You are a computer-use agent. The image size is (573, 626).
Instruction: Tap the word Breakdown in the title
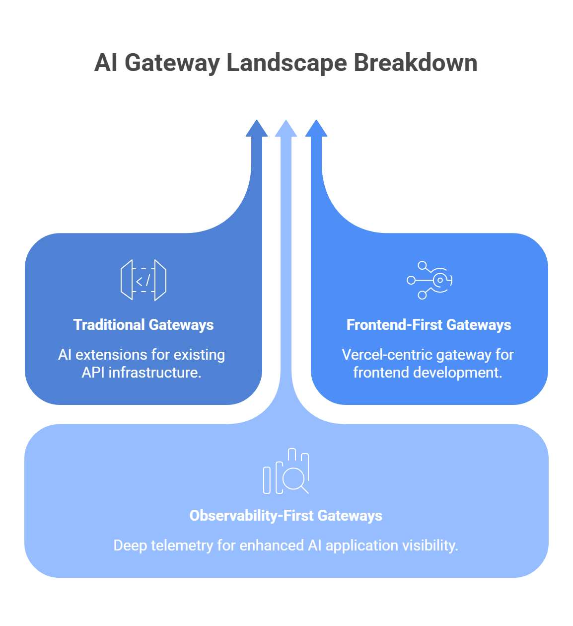click(415, 64)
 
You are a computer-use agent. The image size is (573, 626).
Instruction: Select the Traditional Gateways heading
click(143, 325)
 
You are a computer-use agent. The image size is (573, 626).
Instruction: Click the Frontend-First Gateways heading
click(429, 325)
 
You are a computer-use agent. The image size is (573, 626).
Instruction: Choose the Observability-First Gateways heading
click(286, 516)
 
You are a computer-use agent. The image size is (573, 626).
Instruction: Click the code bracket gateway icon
click(143, 280)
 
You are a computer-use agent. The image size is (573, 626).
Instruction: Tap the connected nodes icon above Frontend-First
click(429, 280)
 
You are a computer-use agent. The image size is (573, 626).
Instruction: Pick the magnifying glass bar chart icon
click(286, 471)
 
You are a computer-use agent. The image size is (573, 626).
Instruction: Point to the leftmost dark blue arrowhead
click(257, 129)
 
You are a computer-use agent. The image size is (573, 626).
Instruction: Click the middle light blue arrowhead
click(286, 129)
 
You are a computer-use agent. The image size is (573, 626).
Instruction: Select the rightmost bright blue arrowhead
click(316, 129)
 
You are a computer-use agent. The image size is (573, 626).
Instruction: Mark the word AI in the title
click(106, 64)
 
